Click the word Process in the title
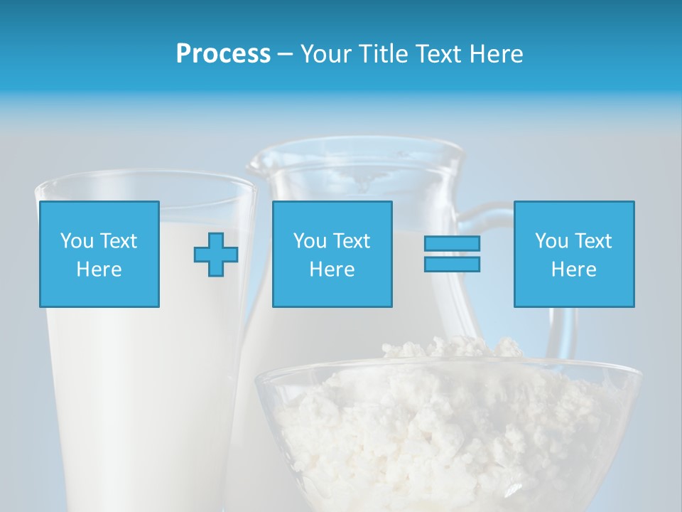pos(223,54)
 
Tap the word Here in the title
pos(494,54)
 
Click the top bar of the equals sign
pos(452,244)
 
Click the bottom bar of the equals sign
pos(452,265)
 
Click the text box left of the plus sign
pos(99,254)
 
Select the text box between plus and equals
pos(332,254)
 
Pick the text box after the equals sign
pos(573,254)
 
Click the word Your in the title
pos(326,54)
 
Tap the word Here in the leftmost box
pos(99,270)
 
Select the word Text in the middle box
pos(350,241)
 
